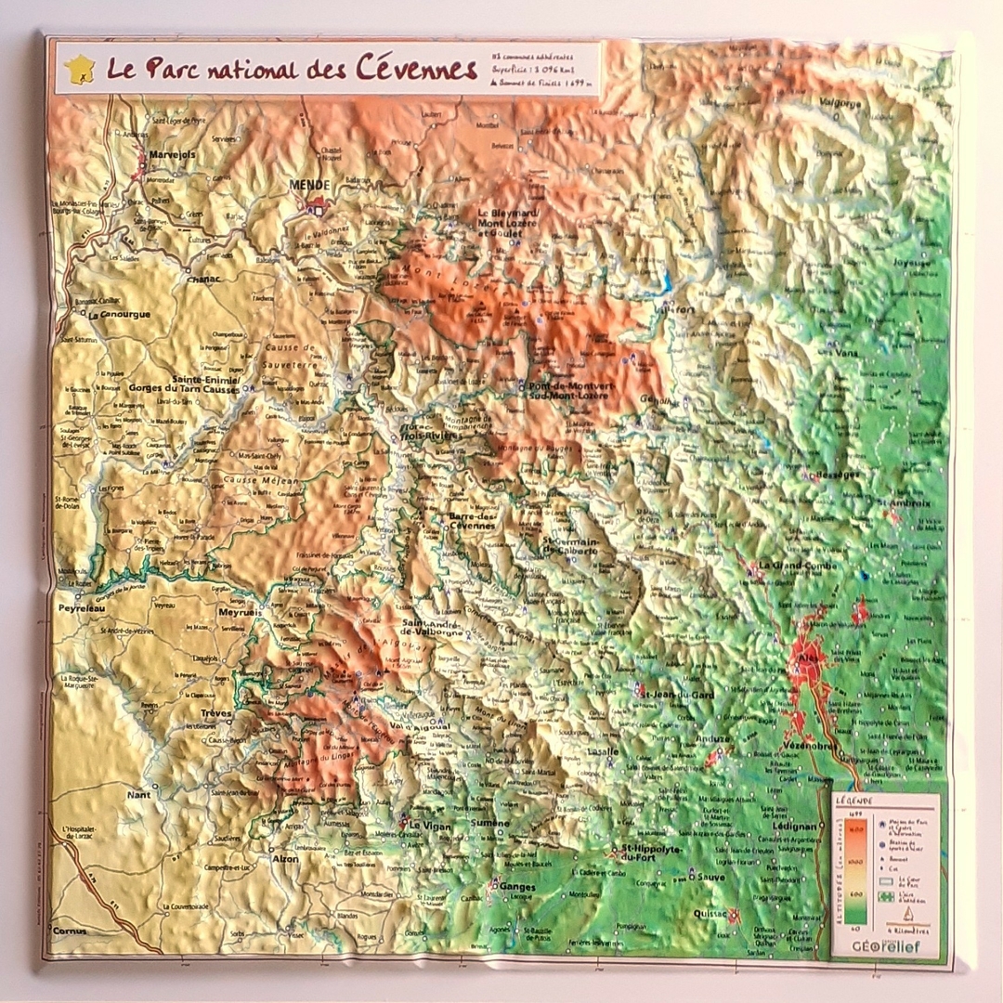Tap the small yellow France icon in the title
pos(79,69)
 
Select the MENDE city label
pos(309,185)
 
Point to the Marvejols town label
pos(172,155)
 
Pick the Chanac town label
pos(203,278)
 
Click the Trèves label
pos(215,713)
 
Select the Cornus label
pos(70,930)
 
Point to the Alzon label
pos(284,859)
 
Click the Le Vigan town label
pos(429,825)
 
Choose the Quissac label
pos(710,913)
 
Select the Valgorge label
pos(839,103)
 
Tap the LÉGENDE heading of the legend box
pos(853,800)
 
